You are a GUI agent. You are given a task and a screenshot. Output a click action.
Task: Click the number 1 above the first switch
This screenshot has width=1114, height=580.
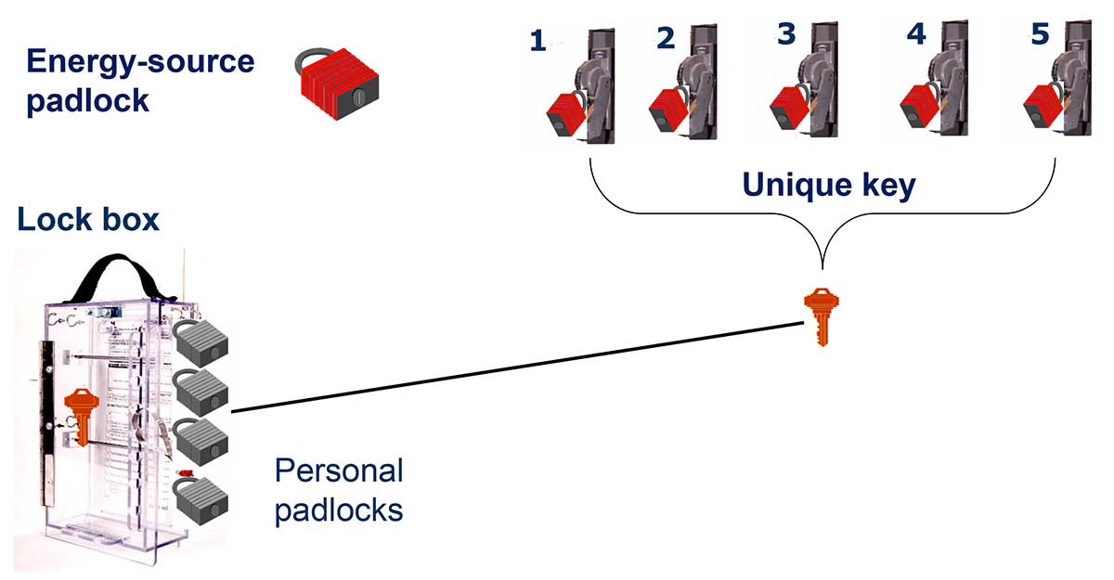click(538, 41)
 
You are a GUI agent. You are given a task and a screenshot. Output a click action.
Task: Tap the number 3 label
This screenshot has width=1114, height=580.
click(786, 33)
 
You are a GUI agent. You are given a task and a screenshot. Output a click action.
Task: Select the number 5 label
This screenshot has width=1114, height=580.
click(1040, 34)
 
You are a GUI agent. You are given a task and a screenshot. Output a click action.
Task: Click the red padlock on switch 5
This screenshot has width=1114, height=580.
click(1043, 110)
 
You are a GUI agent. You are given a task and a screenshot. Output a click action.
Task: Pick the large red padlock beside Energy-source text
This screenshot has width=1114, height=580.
click(338, 80)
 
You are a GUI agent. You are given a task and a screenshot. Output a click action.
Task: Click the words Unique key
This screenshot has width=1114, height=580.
click(828, 186)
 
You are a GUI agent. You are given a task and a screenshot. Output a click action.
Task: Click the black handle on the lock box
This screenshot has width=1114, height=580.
click(120, 273)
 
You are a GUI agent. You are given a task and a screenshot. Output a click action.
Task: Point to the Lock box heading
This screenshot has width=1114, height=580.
click(88, 220)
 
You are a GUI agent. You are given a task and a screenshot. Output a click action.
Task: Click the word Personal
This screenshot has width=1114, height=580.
click(339, 471)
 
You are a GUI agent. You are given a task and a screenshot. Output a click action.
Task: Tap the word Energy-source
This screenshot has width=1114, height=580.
click(139, 62)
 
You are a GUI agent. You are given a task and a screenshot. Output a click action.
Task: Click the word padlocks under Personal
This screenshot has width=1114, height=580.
click(339, 509)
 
